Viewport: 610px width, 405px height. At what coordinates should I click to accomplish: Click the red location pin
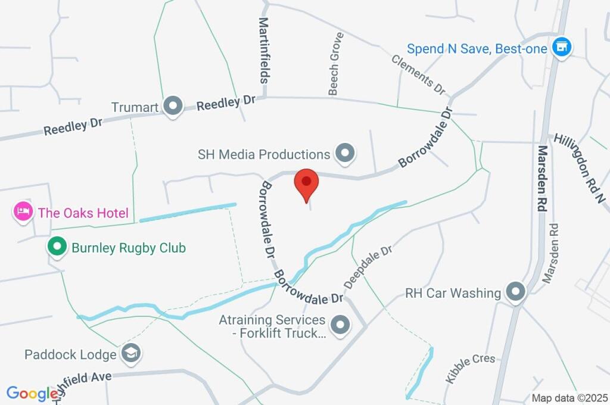point(306,182)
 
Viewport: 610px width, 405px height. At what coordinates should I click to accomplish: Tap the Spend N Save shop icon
point(561,47)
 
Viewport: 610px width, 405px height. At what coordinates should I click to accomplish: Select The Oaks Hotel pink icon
point(23,211)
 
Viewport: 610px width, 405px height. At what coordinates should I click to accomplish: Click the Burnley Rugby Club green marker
point(57,247)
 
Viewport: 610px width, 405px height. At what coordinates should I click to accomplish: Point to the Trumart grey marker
point(173,107)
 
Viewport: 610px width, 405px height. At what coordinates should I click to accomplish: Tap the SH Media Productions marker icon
point(344,153)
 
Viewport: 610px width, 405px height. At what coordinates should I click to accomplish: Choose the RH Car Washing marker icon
point(515,292)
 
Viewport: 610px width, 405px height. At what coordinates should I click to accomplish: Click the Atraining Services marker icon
point(340,325)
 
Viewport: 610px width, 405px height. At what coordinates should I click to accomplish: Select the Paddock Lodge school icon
point(129,354)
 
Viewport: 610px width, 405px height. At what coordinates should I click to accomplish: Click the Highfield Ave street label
point(83,382)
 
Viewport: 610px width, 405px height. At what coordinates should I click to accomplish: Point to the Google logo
point(32,393)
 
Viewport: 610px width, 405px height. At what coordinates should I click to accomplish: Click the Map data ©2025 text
point(569,398)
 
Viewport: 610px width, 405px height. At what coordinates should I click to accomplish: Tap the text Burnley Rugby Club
point(129,247)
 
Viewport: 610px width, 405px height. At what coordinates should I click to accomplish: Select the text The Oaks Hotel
point(83,212)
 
